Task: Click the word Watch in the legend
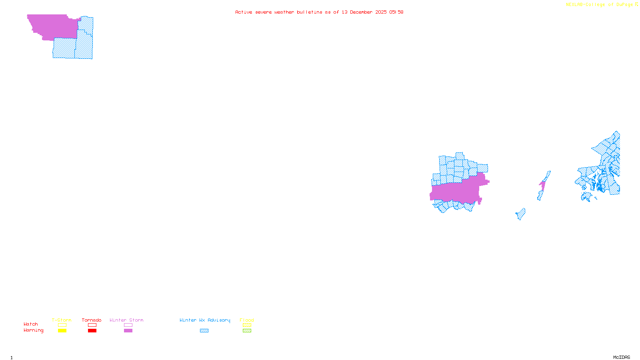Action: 31,324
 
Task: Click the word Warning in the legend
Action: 34,330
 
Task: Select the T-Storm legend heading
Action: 62,320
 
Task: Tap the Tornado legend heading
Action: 92,320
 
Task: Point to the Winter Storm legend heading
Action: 126,320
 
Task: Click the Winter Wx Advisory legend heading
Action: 205,320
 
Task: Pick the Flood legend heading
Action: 247,320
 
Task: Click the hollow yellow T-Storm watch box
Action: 62,325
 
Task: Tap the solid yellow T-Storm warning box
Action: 62,331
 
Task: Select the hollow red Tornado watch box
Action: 92,325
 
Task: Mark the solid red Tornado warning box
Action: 92,331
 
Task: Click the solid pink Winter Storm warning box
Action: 128,331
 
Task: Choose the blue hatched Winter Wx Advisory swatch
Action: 204,331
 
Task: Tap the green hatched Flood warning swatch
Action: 247,331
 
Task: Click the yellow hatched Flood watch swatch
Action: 247,325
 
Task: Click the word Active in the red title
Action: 244,12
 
